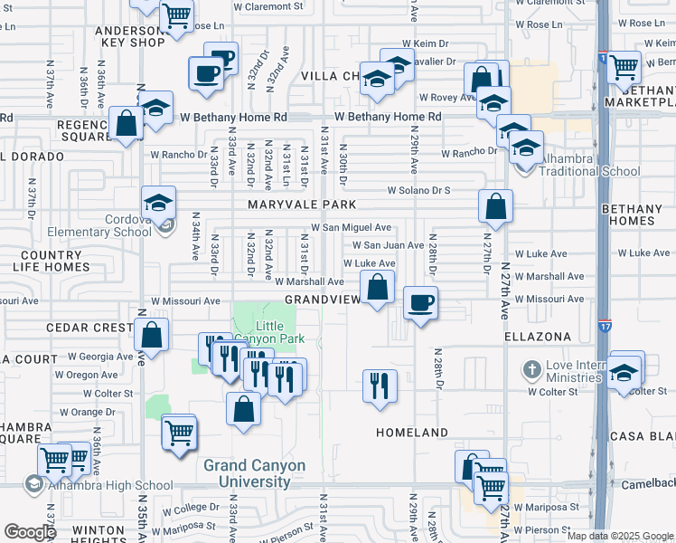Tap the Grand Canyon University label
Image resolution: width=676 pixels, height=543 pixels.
click(x=254, y=473)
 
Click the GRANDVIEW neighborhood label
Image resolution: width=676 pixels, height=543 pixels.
click(x=317, y=299)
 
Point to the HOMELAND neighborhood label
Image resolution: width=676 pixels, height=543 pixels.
click(x=412, y=433)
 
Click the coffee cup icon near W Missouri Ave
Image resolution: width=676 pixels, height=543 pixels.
click(x=420, y=304)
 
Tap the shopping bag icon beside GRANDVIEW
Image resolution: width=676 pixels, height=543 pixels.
click(x=378, y=290)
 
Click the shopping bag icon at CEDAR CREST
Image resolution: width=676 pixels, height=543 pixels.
click(x=152, y=334)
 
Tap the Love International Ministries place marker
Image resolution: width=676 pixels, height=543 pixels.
click(x=532, y=369)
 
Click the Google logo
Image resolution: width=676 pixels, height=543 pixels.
click(x=30, y=532)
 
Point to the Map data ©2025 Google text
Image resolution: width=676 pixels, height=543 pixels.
click(x=619, y=536)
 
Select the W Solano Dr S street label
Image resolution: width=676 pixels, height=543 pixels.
click(x=418, y=191)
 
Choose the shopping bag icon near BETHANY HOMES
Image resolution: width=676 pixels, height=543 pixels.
click(x=495, y=207)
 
